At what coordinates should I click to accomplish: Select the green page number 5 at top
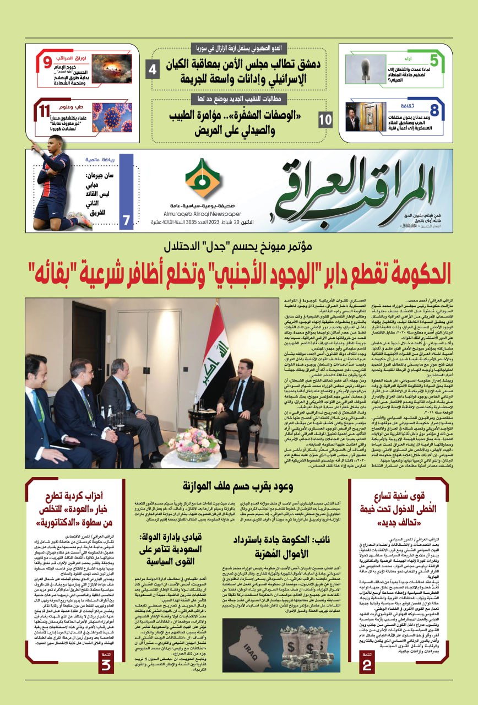tap(434, 60)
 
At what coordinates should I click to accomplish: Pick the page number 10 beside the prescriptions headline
tap(325, 118)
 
